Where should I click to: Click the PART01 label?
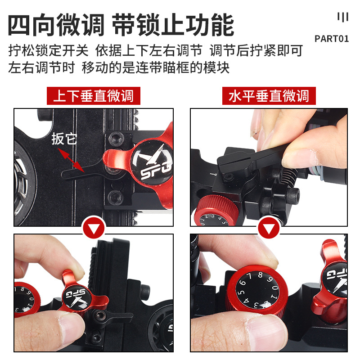[332, 39]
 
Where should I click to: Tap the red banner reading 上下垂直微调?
[94, 96]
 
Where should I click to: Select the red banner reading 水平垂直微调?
[269, 96]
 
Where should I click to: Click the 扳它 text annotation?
[64, 139]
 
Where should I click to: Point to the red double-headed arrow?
[71, 160]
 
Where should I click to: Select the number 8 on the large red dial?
[261, 274]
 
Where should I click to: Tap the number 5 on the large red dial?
[240, 292]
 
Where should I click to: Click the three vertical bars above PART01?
[343, 17]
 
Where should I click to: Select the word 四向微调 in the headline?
[56, 25]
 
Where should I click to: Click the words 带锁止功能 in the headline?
[173, 25]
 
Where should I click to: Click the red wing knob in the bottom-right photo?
[331, 283]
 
